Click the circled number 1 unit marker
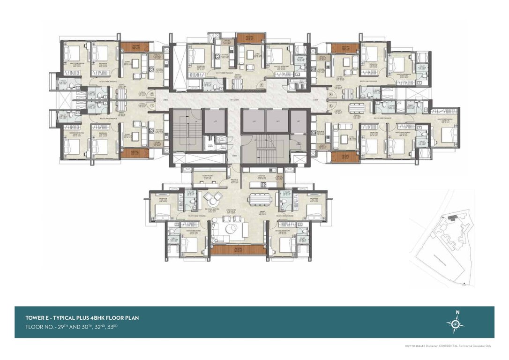151,105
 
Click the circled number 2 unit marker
151,94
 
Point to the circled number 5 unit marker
330,106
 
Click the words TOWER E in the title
39,318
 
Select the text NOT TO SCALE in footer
414,346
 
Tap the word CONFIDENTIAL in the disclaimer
449,346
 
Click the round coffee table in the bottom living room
230,228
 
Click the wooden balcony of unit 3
244,38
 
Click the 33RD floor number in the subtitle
112,326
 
